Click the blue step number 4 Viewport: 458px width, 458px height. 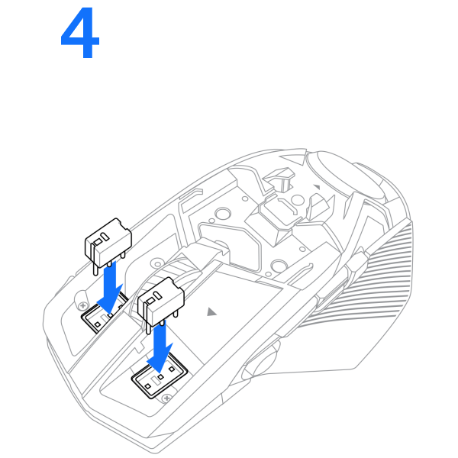79,33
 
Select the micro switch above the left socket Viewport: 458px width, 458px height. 108,245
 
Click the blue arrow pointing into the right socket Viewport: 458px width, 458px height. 160,347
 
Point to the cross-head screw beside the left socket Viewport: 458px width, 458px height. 83,306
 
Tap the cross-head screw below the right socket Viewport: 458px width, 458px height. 166,398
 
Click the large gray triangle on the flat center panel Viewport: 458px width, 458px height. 211,312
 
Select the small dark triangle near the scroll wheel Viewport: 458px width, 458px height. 317,187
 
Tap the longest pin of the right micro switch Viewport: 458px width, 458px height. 148,318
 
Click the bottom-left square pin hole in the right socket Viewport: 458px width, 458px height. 148,386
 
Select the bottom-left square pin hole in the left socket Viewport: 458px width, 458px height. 98,325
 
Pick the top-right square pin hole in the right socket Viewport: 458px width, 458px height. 172,369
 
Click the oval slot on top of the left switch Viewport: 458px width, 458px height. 105,237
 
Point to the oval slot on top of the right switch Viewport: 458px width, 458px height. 157,295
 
